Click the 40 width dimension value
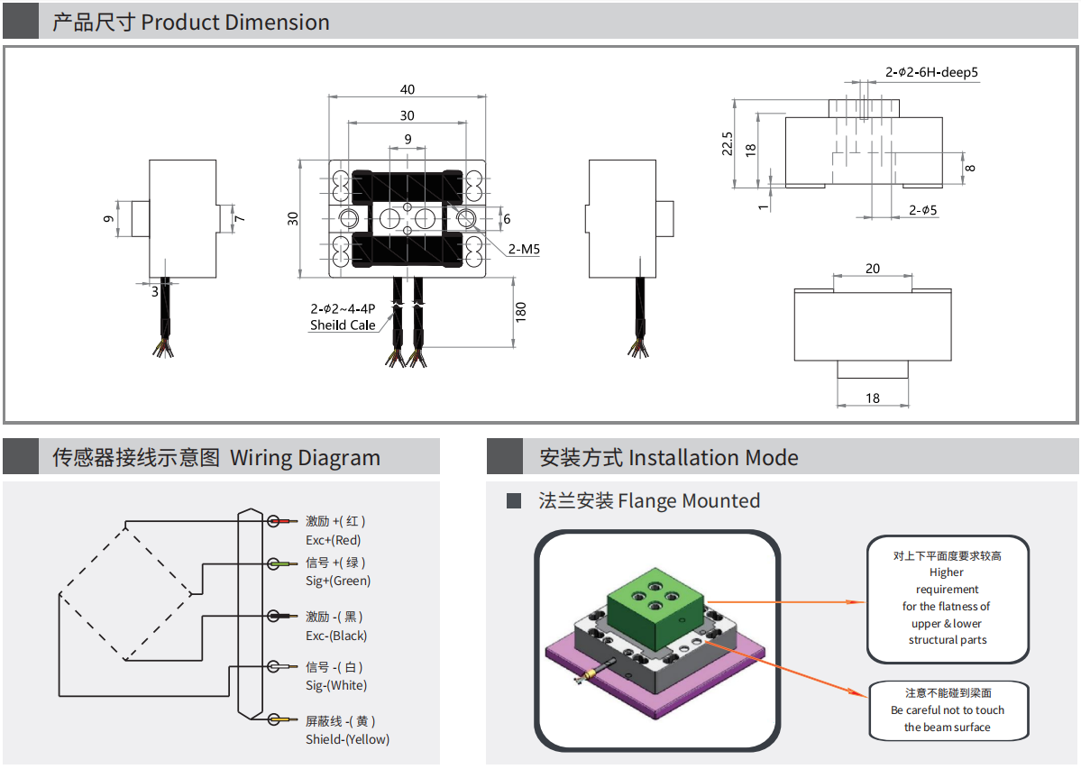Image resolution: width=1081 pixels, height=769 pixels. [x=408, y=89]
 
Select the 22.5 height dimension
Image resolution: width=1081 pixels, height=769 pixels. [x=728, y=143]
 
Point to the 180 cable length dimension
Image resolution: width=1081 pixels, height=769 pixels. [x=520, y=312]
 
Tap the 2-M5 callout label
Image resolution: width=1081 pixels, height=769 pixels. [x=524, y=249]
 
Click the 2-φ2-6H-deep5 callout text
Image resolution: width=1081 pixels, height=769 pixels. [x=931, y=72]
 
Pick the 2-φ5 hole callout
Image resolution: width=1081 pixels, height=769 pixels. [x=923, y=210]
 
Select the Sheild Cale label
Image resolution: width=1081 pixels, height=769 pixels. [x=343, y=325]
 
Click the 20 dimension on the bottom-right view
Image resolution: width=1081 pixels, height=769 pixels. [x=873, y=269]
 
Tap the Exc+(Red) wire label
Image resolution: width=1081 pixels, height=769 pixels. [x=333, y=540]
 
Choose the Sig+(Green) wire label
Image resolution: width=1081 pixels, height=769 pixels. [x=338, y=581]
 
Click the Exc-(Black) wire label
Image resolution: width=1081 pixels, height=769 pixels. [x=336, y=636]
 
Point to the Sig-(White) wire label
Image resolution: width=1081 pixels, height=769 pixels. [x=336, y=685]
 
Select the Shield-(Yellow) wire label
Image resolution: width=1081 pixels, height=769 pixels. [x=347, y=739]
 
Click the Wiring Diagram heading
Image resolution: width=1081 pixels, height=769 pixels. [x=305, y=457]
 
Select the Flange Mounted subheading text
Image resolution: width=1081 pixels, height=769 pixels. [x=649, y=500]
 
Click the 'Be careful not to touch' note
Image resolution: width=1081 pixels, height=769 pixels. [x=947, y=709]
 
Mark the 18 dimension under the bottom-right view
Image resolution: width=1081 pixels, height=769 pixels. [x=873, y=398]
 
